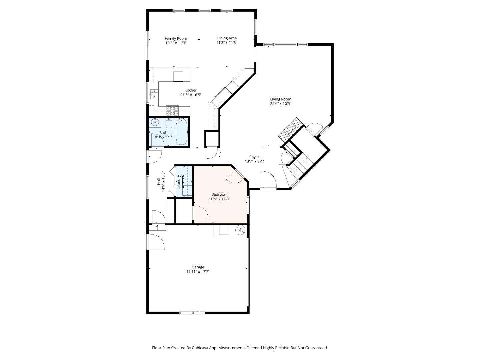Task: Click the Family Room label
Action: [x=176, y=38]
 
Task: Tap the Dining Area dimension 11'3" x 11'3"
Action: [x=226, y=43]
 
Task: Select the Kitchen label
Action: [x=191, y=90]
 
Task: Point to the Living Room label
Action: [x=280, y=99]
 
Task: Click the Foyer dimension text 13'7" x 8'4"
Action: [x=254, y=161]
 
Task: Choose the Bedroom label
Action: [x=219, y=194]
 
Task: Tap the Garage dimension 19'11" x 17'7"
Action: [x=198, y=272]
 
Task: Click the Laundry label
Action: [x=179, y=182]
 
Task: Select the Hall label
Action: [x=159, y=182]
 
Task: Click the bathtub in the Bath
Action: [x=182, y=132]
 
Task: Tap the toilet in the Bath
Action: [x=169, y=124]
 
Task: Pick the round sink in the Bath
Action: [x=155, y=122]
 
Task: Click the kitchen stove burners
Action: [x=172, y=109]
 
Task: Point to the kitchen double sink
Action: [x=154, y=94]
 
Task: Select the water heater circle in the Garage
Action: [x=240, y=230]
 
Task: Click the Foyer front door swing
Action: [x=268, y=180]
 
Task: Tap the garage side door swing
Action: [x=156, y=242]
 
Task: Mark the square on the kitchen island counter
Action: [x=178, y=76]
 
